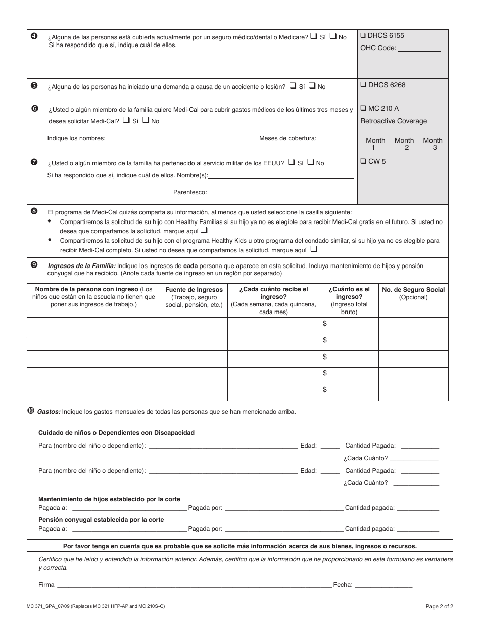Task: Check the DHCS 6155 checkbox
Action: click(x=363, y=36)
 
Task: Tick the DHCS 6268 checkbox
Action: click(x=363, y=85)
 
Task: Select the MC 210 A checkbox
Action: click(x=363, y=108)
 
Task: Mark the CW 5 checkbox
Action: click(x=363, y=162)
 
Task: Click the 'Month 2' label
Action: click(x=404, y=144)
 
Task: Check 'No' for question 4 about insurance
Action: click(x=333, y=36)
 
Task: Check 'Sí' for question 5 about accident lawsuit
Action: click(x=293, y=86)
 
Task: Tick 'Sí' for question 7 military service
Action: click(x=292, y=162)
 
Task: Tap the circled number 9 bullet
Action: click(x=34, y=264)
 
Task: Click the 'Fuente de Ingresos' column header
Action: click(x=194, y=290)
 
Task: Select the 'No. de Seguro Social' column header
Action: click(x=413, y=290)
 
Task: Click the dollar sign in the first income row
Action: click(x=325, y=323)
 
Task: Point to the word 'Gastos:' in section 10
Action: click(x=49, y=412)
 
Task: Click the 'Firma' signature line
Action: click(x=195, y=585)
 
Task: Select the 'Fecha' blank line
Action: click(x=383, y=585)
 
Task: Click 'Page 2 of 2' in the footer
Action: click(x=439, y=606)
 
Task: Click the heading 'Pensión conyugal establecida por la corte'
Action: click(x=101, y=520)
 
